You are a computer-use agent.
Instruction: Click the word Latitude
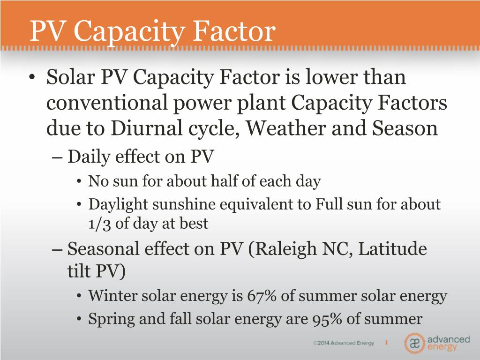pyautogui.click(x=392, y=248)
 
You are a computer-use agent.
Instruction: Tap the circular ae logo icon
pyautogui.click(x=414, y=343)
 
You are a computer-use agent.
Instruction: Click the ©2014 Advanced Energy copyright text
pyautogui.click(x=344, y=343)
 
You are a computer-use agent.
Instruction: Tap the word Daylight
pyautogui.click(x=116, y=205)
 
